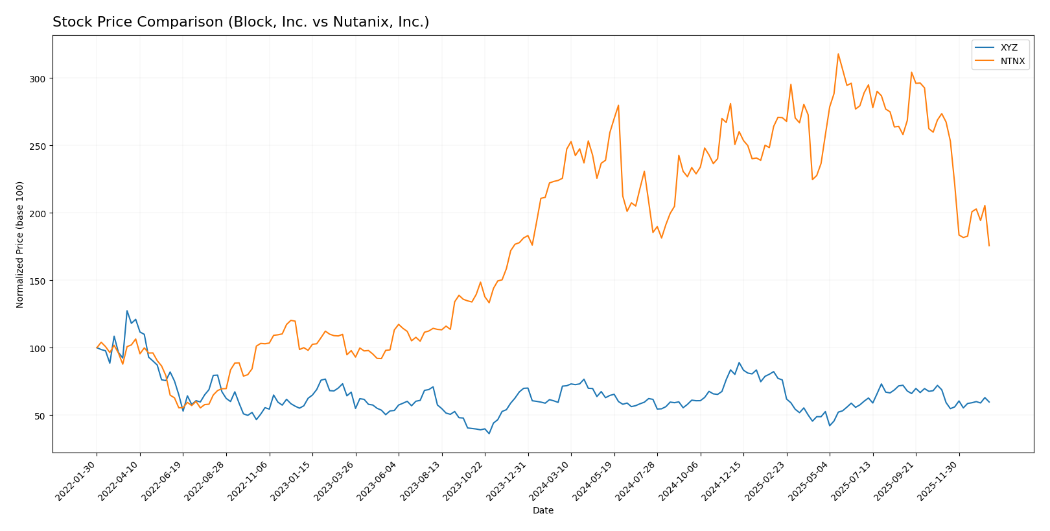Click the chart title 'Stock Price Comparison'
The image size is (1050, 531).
tap(240, 23)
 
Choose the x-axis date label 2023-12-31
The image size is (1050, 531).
tap(508, 480)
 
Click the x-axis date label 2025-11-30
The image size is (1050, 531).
tap(939, 480)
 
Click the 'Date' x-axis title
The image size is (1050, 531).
tap(543, 511)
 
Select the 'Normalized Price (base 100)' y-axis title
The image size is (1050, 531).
tap(20, 244)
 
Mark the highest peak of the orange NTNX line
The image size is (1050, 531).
tap(838, 54)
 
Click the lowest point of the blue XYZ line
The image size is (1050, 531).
tap(489, 433)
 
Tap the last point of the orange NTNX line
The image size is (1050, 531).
tap(989, 246)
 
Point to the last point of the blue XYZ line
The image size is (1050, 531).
tap(989, 402)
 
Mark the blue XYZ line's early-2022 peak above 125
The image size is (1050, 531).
tap(127, 311)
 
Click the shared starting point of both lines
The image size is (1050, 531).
tap(97, 348)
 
